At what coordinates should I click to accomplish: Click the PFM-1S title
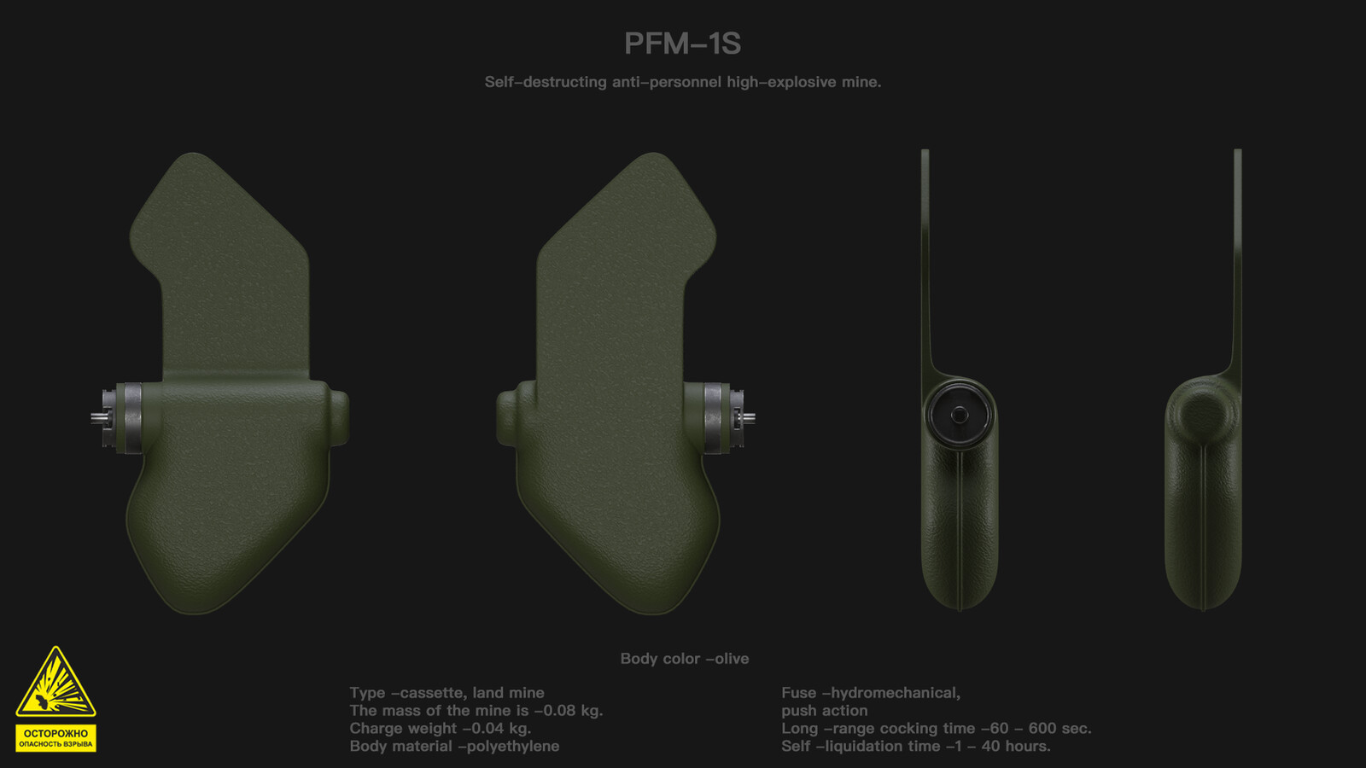click(x=682, y=44)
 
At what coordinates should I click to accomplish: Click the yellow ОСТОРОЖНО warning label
click(x=55, y=738)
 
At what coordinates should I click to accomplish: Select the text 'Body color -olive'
click(x=684, y=659)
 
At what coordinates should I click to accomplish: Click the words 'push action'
click(x=824, y=711)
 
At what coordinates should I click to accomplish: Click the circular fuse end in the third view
click(x=960, y=415)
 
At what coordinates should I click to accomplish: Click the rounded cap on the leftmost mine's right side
click(x=339, y=417)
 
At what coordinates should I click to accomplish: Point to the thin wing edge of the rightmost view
click(x=1237, y=256)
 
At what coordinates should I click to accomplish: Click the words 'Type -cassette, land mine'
click(x=447, y=693)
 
